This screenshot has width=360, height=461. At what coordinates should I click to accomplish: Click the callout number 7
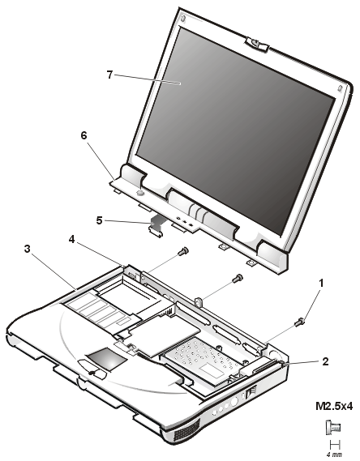[109, 75]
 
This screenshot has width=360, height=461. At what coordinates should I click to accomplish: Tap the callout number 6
[84, 135]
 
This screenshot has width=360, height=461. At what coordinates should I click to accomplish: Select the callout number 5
[100, 220]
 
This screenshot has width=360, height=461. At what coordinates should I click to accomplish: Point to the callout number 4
[72, 240]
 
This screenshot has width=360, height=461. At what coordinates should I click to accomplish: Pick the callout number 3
[27, 249]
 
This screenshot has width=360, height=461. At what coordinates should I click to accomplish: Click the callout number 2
[325, 361]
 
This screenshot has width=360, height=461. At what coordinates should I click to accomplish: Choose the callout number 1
[321, 283]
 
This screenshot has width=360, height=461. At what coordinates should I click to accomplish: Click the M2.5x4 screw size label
[334, 407]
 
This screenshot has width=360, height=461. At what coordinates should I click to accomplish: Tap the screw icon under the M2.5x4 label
[332, 427]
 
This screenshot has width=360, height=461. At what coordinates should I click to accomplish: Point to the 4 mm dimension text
[334, 455]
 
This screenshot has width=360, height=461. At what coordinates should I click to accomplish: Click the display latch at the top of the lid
[257, 45]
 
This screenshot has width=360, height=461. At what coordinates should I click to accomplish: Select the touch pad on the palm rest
[106, 359]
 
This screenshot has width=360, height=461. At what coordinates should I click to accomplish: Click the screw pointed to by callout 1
[299, 322]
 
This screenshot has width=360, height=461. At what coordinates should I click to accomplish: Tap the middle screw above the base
[238, 278]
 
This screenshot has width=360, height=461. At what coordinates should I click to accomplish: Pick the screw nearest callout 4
[183, 251]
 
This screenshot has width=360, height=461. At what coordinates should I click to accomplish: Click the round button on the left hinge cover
[140, 193]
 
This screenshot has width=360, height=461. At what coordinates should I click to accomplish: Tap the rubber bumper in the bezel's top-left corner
[183, 19]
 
